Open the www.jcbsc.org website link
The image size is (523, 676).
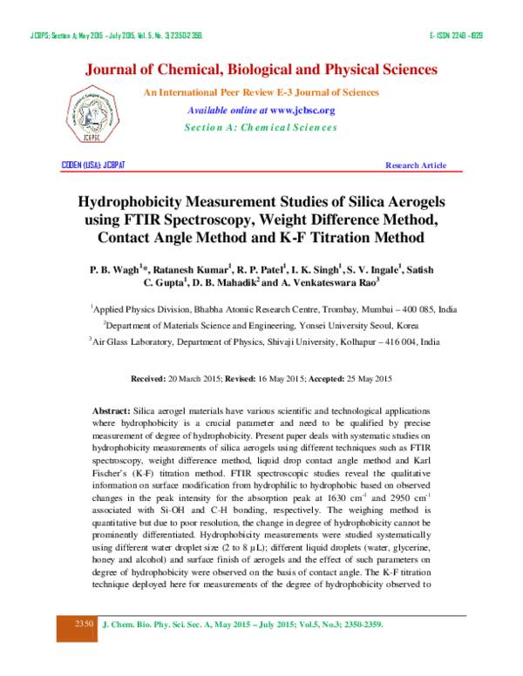point(302,111)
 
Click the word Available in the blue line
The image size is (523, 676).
point(207,111)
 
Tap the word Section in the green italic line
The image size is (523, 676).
point(201,127)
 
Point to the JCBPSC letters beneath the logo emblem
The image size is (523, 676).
point(92,136)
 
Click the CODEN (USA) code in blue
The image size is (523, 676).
point(93,165)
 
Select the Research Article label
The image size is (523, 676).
point(416,165)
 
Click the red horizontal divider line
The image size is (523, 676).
point(261,172)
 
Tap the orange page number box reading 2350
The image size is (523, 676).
point(78,628)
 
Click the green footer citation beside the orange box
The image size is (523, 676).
point(243,625)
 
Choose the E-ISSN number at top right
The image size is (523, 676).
point(456,36)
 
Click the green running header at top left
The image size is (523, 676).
point(117,36)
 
